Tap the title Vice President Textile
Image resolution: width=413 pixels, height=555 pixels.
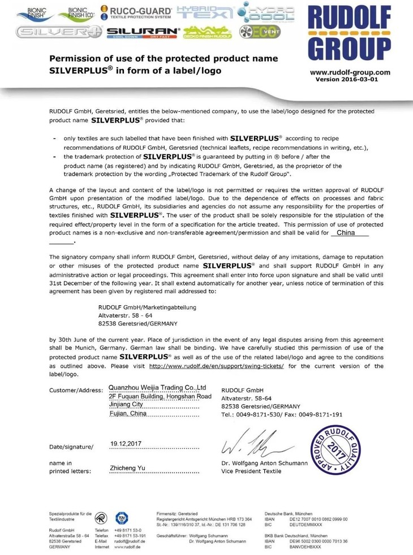253,471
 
